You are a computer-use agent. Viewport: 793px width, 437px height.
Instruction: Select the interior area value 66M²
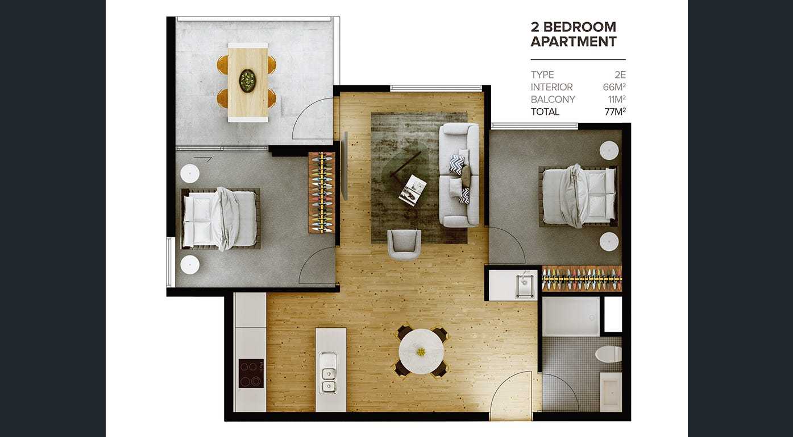click(x=615, y=87)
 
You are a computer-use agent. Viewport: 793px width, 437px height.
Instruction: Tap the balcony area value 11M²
click(x=617, y=99)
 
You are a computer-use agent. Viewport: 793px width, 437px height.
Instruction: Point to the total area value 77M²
click(x=615, y=112)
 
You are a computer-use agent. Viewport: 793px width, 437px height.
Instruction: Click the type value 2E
click(x=620, y=75)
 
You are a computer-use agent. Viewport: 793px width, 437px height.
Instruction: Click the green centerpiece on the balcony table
click(x=247, y=80)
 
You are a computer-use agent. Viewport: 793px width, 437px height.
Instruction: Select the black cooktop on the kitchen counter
click(x=251, y=373)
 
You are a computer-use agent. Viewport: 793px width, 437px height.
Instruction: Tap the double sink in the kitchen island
click(x=329, y=373)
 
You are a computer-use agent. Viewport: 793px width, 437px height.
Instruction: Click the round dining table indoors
click(x=421, y=352)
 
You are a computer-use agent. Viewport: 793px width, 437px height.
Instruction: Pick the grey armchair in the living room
click(x=404, y=244)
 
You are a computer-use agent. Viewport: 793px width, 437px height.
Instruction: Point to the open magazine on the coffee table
click(x=413, y=190)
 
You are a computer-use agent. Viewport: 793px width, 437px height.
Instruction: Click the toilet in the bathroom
click(x=609, y=354)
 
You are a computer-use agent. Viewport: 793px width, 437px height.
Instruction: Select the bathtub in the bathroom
click(x=571, y=316)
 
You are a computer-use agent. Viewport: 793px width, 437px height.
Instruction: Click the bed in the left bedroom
click(x=221, y=218)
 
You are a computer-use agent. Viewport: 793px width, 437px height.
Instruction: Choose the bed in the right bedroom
click(x=578, y=196)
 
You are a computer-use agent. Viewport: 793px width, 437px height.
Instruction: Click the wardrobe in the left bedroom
click(x=321, y=192)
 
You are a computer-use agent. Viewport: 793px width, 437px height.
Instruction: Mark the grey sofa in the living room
click(x=459, y=175)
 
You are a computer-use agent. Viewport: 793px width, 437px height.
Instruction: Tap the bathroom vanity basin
click(x=612, y=392)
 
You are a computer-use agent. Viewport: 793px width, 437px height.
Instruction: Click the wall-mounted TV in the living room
click(x=344, y=166)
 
